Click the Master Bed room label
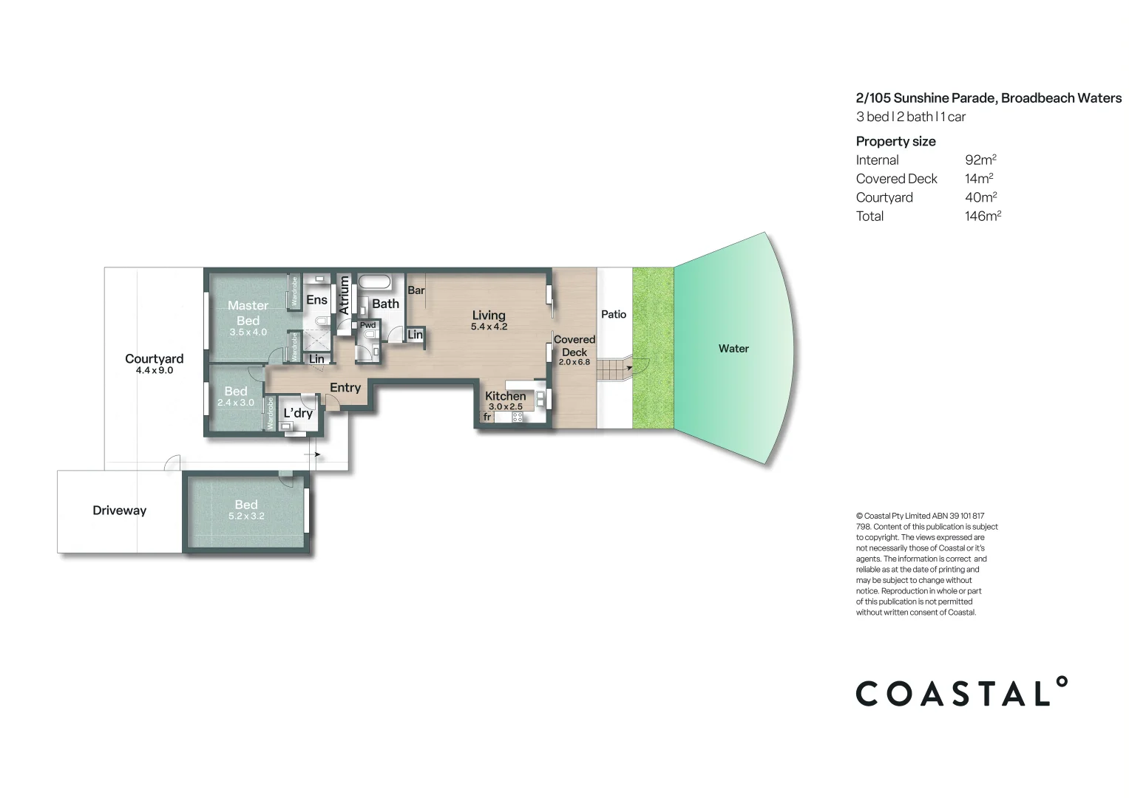point(248,313)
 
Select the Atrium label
point(344,296)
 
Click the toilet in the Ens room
point(322,321)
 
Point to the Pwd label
point(367,325)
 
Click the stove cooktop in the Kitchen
point(518,417)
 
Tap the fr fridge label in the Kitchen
point(487,417)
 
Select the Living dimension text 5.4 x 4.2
point(489,327)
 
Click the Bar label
point(416,290)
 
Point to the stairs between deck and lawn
point(611,367)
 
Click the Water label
point(733,349)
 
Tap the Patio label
point(613,314)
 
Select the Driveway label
point(119,511)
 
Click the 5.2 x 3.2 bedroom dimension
point(246,516)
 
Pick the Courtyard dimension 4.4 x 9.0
point(154,370)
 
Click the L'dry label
point(298,413)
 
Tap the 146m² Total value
point(983,216)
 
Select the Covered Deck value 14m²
point(979,179)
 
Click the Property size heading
point(895,141)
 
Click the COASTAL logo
point(961,692)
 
